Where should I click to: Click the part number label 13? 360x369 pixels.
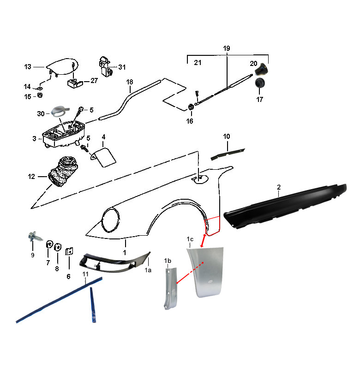[x=28, y=67]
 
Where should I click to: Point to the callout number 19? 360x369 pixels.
[x=227, y=48]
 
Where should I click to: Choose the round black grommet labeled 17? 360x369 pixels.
[x=260, y=83]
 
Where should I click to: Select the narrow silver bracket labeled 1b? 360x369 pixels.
[x=170, y=288]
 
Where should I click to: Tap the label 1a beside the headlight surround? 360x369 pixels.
[x=148, y=270]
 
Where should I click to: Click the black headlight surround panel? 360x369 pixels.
[x=114, y=262]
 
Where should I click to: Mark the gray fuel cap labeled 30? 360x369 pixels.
[x=60, y=111]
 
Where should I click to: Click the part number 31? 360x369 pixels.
[x=122, y=67]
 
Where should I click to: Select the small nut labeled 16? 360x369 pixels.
[x=191, y=107]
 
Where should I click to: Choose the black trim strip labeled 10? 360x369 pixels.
[x=228, y=154]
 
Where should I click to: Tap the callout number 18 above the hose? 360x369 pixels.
[x=130, y=82]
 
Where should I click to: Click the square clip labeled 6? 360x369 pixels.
[x=69, y=251]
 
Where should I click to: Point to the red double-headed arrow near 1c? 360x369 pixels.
[x=203, y=241]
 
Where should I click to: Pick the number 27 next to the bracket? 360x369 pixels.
[x=94, y=80]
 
